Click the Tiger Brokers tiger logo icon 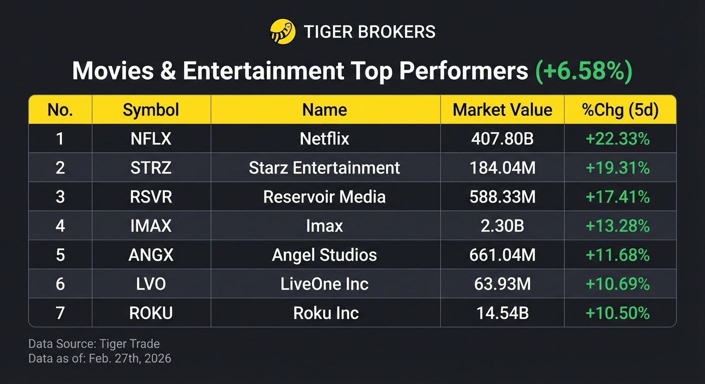pos(282,32)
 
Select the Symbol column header pos(151,109)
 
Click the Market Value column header pos(502,109)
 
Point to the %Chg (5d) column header pos(620,109)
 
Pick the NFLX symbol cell pos(151,138)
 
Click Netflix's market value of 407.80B pos(502,138)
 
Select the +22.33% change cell pos(617,138)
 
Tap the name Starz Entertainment pos(324,167)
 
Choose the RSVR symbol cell pos(151,196)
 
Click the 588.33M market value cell pos(502,196)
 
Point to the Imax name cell pos(324,225)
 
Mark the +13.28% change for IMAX pos(617,225)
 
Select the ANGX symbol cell pos(151,255)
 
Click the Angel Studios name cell pos(324,255)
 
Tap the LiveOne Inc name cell pos(324,284)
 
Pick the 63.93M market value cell pos(502,284)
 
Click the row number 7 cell pos(60,313)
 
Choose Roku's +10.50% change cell pos(617,313)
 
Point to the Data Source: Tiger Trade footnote pos(94,344)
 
